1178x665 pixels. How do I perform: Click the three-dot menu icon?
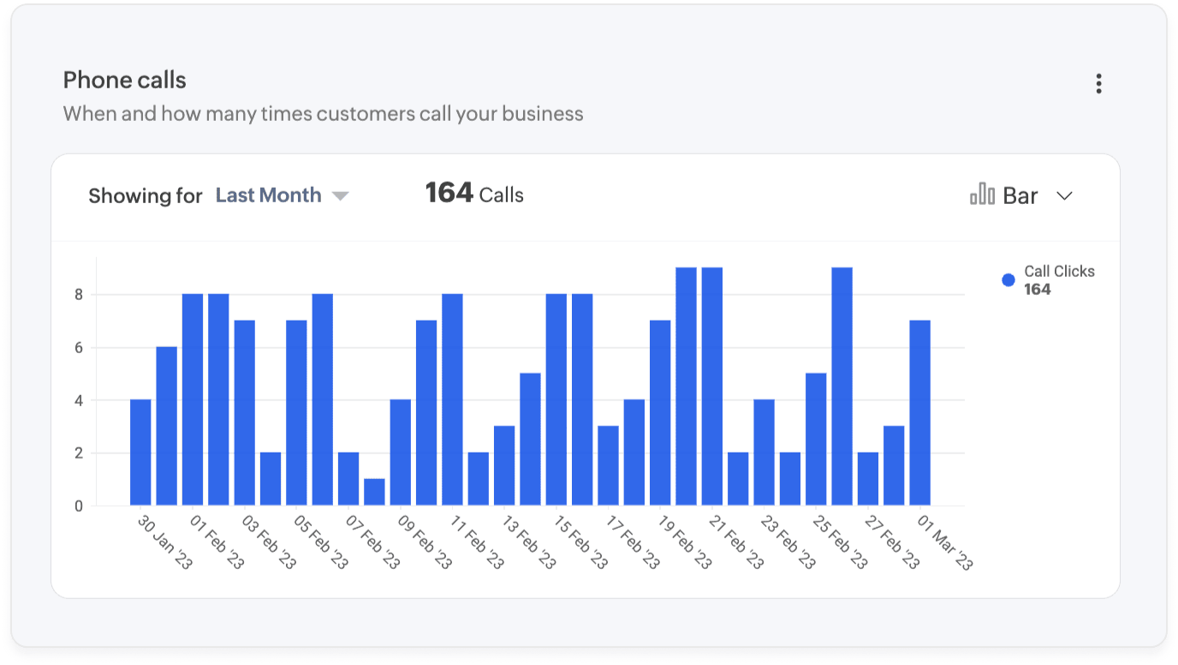pyautogui.click(x=1098, y=84)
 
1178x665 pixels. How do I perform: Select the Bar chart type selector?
pyautogui.click(x=1020, y=196)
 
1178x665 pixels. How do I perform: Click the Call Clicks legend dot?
pyautogui.click(x=1008, y=280)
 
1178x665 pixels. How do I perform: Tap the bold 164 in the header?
pyautogui.click(x=449, y=193)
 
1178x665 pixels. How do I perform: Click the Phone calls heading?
pyautogui.click(x=125, y=81)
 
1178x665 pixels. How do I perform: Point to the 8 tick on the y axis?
pyautogui.click(x=79, y=295)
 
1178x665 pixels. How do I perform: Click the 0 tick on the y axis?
pyautogui.click(x=79, y=506)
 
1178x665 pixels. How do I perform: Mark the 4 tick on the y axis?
pyautogui.click(x=79, y=400)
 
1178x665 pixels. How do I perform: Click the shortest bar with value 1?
pyautogui.click(x=374, y=493)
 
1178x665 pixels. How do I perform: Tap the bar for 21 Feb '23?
pyautogui.click(x=712, y=386)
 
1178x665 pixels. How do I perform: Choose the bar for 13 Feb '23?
pyautogui.click(x=504, y=466)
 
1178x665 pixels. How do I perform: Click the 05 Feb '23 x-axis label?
pyautogui.click(x=321, y=542)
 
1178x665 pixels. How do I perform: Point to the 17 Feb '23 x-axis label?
pyautogui.click(x=633, y=542)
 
